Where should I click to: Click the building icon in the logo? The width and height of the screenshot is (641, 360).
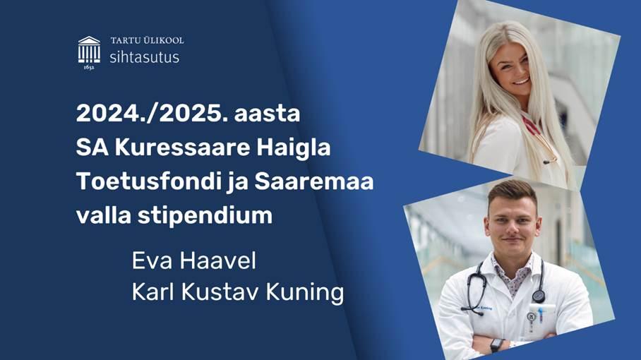point(89,49)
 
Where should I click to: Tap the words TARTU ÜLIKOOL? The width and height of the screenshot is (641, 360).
point(147,40)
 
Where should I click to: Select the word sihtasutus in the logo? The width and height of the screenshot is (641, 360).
point(144,56)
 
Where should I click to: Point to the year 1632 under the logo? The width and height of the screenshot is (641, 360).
point(89,68)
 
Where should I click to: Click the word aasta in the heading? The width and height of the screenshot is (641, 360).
point(267,114)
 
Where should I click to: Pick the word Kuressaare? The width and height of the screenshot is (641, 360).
point(182,148)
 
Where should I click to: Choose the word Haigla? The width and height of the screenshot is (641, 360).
point(294,148)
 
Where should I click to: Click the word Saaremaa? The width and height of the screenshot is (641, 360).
point(314,181)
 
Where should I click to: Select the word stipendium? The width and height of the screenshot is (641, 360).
point(205,216)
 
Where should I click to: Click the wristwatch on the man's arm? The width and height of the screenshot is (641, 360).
point(496,345)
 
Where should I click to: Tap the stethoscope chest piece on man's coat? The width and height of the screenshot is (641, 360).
point(539,296)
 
